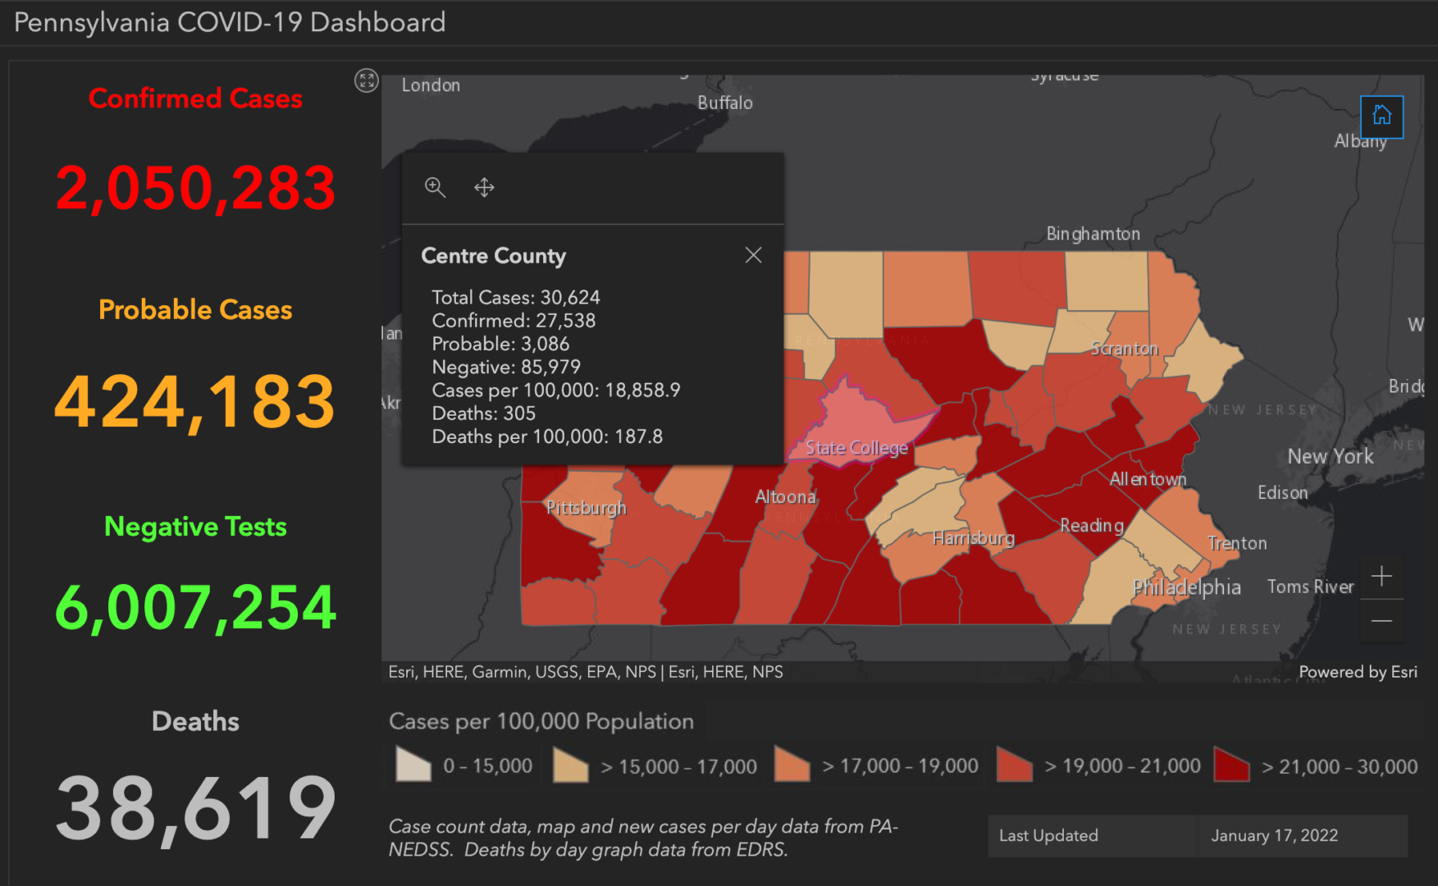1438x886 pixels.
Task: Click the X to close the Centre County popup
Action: click(x=753, y=255)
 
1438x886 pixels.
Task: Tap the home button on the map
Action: click(x=1381, y=116)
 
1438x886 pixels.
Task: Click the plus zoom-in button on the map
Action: click(x=1381, y=577)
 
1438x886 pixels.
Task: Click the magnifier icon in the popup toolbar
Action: click(x=435, y=188)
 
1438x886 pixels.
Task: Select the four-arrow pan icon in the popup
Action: click(x=484, y=188)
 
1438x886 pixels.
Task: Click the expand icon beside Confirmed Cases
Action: click(x=366, y=80)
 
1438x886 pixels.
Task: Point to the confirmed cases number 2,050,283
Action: click(x=195, y=188)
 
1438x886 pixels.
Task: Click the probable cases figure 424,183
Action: click(x=195, y=401)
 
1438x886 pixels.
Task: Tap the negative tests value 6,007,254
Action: click(x=195, y=608)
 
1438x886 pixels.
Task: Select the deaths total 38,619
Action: click(x=195, y=809)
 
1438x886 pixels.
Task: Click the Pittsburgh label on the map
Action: click(x=586, y=508)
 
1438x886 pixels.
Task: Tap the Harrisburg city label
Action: click(x=973, y=538)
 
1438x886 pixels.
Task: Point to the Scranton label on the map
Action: click(x=1124, y=349)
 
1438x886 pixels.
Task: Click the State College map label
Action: click(x=856, y=448)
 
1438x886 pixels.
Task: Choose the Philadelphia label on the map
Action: click(x=1186, y=587)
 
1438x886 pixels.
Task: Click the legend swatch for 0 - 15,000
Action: click(x=413, y=765)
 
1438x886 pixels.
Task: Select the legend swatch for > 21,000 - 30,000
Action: click(x=1230, y=765)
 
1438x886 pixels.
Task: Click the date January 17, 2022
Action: click(x=1274, y=835)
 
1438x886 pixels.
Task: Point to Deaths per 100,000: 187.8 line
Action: click(x=547, y=436)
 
